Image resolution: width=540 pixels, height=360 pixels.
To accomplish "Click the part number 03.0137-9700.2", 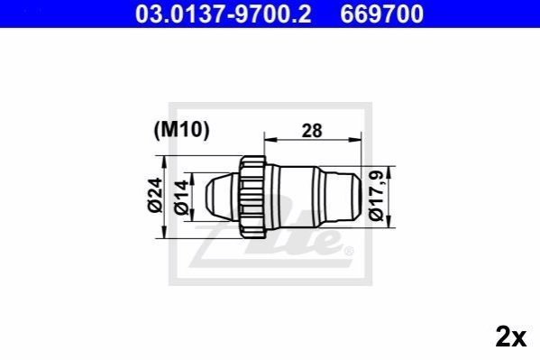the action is click(x=224, y=14).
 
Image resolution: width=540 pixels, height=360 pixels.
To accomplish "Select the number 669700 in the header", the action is click(x=382, y=14).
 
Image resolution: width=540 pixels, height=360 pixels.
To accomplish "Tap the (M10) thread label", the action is click(x=181, y=130).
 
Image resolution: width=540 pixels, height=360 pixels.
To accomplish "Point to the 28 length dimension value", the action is click(x=312, y=131).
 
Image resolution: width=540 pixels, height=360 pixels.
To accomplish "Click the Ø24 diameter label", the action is click(x=155, y=195).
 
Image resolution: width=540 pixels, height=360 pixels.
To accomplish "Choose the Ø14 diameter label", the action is click(x=181, y=198).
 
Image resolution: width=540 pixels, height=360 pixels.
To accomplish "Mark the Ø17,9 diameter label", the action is click(x=376, y=195).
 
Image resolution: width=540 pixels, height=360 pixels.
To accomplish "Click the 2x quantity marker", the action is click(x=511, y=337).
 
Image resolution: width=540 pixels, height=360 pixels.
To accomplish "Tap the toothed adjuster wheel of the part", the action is click(x=252, y=197).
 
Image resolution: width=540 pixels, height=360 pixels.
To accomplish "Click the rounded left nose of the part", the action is click(x=221, y=197).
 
